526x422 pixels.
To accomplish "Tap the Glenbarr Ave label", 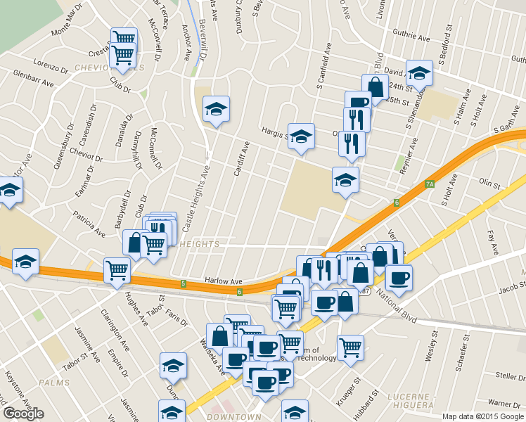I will [34, 78].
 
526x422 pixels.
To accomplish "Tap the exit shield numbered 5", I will [184, 283].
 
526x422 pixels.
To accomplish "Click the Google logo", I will [24, 414].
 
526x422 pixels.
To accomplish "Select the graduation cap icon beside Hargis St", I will [301, 135].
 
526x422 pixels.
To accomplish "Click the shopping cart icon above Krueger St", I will [350, 347].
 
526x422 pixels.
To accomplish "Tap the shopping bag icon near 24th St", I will [376, 87].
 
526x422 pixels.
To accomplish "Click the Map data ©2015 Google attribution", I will [482, 416].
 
